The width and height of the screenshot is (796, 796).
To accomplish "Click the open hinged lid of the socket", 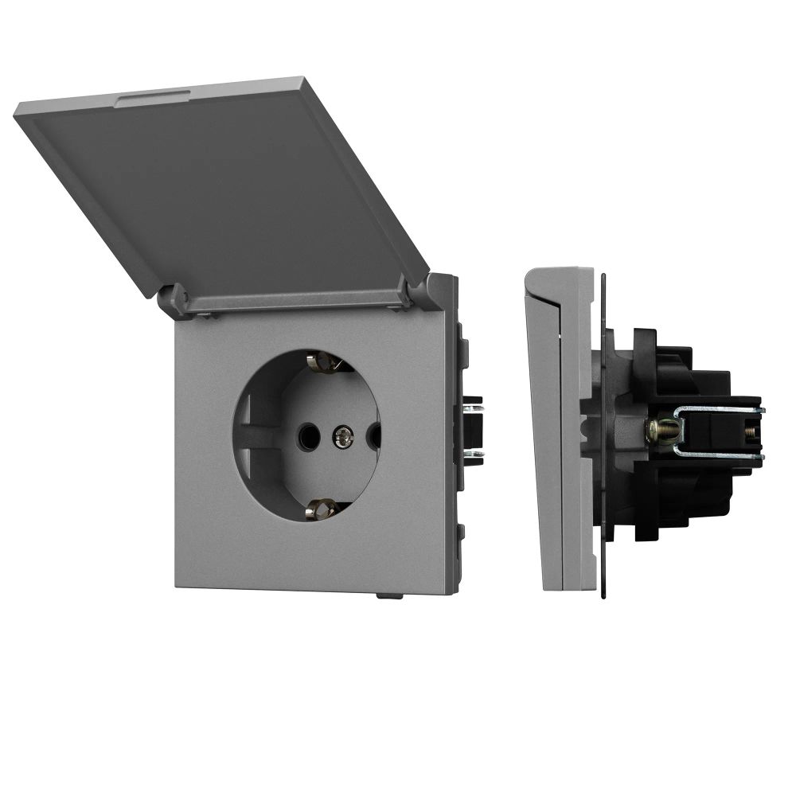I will (215, 183).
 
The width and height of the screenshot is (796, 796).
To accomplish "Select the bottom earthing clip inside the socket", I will (323, 507).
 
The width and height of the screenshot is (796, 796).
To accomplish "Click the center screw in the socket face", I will (343, 435).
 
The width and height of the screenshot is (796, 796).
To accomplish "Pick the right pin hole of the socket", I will (374, 435).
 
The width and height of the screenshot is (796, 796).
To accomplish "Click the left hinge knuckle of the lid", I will (177, 300).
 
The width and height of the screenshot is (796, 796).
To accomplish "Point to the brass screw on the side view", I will (662, 431).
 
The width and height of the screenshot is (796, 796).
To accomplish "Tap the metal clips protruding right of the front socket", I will (473, 430).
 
